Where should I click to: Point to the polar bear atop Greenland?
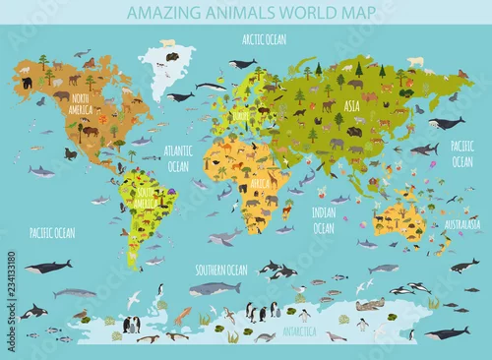click(168, 44)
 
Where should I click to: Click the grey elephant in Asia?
click(338, 142)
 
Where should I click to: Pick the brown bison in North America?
click(89, 130)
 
